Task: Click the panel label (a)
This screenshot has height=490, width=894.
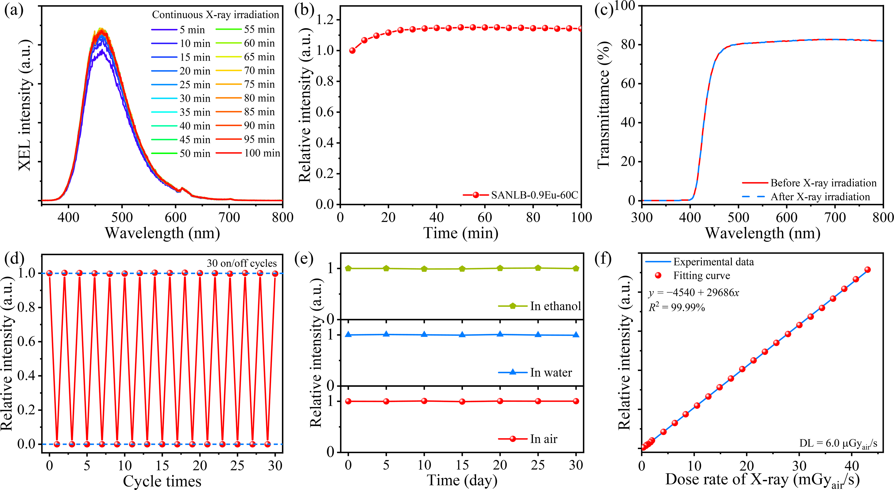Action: (14, 11)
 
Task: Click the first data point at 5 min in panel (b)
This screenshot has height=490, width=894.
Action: (352, 50)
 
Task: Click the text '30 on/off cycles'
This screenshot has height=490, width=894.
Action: (242, 263)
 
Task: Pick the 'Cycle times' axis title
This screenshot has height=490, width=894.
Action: (162, 481)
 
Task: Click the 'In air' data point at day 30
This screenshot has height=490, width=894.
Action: (576, 401)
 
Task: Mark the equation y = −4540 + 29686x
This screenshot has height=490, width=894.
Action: (694, 293)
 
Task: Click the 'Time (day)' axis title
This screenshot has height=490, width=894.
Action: (462, 481)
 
